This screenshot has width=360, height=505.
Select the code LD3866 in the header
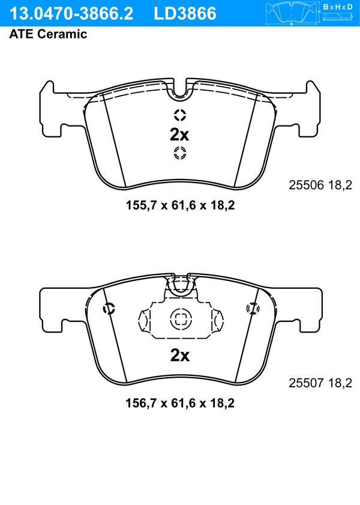185,13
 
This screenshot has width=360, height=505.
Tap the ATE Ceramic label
48,34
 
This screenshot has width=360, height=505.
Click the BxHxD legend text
338,7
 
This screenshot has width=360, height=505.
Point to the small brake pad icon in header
292,11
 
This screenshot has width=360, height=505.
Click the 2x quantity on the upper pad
179,133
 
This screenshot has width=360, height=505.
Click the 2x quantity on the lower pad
179,355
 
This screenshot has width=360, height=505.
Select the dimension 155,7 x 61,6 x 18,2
179,205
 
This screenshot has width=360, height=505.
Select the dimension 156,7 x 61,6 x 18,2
179,403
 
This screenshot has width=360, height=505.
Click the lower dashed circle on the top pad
180,153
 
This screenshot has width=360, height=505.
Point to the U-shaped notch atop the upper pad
179,90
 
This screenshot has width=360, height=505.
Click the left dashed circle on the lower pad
109,309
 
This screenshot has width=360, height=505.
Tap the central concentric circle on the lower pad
179,320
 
